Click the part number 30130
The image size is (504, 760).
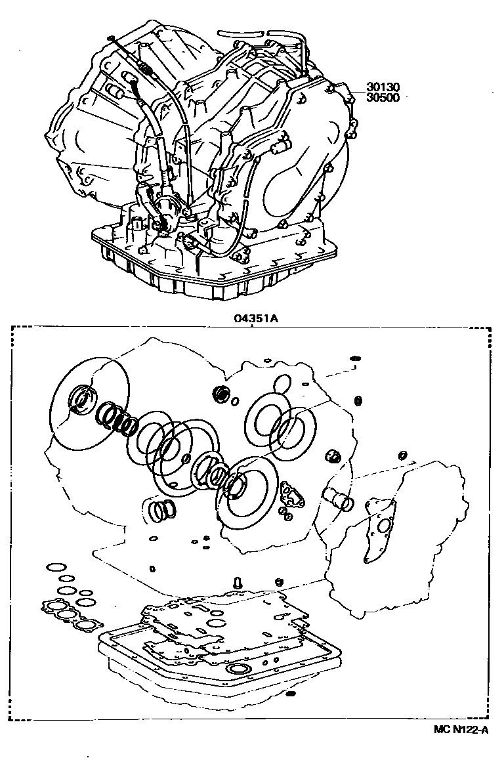coord(384,87)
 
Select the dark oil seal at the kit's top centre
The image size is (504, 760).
coord(222,394)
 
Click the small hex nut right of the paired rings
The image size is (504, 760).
coord(332,457)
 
